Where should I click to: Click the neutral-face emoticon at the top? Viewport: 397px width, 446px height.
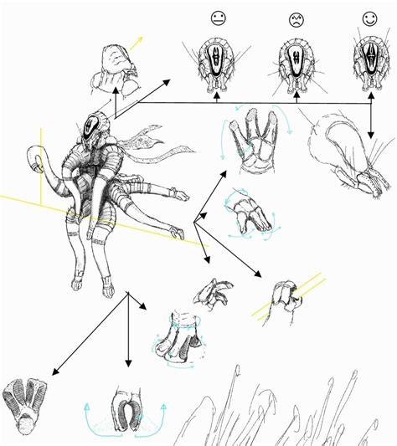point(217,18)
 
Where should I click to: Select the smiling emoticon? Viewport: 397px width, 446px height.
point(369,17)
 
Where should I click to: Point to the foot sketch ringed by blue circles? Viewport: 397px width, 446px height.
point(179,343)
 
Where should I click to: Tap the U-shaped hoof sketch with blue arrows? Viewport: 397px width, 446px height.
point(129,410)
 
